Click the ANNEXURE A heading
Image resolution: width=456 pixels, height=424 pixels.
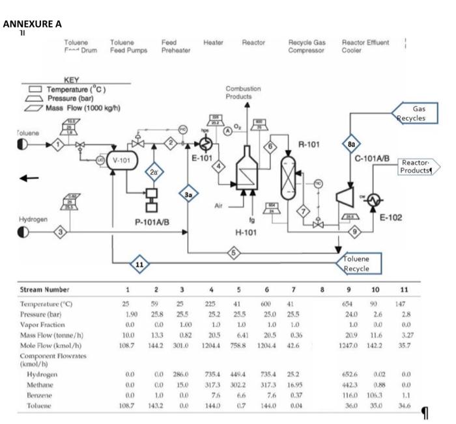click(x=33, y=24)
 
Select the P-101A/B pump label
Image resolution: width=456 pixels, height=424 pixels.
click(x=152, y=222)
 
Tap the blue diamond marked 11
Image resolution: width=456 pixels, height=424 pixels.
click(x=138, y=264)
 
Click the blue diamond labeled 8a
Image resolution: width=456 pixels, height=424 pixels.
click(x=351, y=145)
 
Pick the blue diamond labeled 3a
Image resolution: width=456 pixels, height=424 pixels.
click(x=188, y=193)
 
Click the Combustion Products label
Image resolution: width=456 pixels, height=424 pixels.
click(x=243, y=92)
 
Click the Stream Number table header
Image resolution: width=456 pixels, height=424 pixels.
click(x=45, y=289)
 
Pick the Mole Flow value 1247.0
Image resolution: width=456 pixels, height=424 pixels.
click(x=350, y=338)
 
